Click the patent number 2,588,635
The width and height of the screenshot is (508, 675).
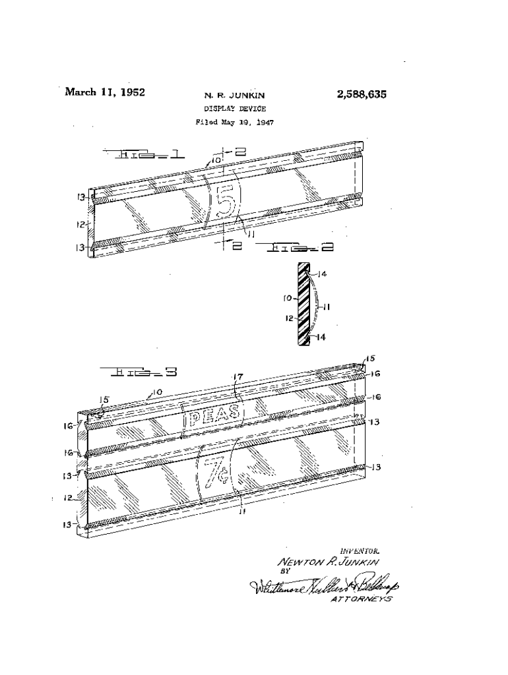[361, 94]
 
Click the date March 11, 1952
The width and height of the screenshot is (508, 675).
[104, 92]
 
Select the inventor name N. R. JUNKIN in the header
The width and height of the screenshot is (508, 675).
[235, 96]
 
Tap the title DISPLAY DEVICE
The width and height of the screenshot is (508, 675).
[235, 109]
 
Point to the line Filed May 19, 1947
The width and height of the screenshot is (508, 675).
[235, 122]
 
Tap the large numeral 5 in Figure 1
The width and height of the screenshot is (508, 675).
[225, 202]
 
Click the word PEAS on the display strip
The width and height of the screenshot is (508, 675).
[216, 417]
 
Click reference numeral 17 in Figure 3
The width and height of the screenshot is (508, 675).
[239, 378]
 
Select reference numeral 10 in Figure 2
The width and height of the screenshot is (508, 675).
[288, 298]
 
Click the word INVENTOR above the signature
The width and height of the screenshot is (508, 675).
[360, 550]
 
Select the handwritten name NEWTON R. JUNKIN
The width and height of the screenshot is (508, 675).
[329, 562]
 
